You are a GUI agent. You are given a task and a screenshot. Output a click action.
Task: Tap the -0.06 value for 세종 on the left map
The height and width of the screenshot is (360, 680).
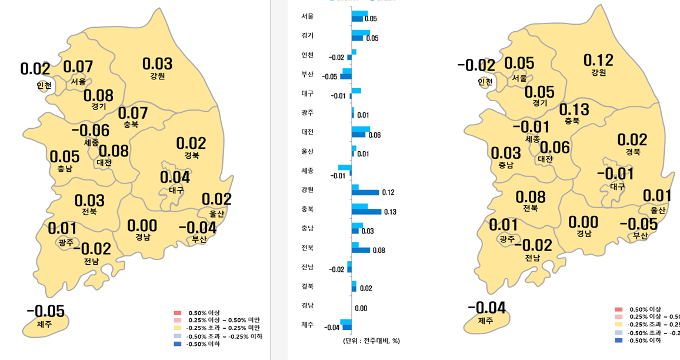tap(91, 131)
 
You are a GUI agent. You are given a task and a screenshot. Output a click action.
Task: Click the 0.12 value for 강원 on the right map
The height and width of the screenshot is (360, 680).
tap(598, 60)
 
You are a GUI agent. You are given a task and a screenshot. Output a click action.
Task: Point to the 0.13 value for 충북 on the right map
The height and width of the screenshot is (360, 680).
tap(574, 109)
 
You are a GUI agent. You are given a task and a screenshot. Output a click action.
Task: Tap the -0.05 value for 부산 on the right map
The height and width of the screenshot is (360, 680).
tap(639, 224)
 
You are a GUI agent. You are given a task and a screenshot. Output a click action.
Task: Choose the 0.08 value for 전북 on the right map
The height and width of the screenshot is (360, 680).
tap(531, 197)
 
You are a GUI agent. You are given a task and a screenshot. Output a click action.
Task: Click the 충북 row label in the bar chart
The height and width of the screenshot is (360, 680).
tap(307, 209)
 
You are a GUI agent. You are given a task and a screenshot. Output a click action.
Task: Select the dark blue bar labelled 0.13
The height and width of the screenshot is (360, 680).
tap(366, 212)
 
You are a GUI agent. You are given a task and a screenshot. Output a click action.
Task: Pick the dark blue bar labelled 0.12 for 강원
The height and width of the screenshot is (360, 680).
tap(365, 192)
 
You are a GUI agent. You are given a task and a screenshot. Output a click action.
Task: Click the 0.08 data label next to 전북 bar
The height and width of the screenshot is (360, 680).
tap(379, 250)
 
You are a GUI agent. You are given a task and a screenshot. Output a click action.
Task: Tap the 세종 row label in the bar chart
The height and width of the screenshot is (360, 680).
tap(307, 171)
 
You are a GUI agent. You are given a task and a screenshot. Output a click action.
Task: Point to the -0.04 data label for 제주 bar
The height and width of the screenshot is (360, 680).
tap(331, 328)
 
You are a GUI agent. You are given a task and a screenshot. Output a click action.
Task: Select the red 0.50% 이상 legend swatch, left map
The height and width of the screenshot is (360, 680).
tap(177, 312)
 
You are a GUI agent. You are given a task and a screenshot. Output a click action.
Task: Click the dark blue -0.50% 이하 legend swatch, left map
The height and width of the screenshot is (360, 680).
tap(177, 344)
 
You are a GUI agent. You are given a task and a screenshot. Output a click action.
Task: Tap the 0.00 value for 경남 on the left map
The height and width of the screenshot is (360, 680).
tap(142, 225)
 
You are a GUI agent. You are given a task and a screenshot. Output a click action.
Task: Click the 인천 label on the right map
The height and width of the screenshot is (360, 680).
tap(485, 82)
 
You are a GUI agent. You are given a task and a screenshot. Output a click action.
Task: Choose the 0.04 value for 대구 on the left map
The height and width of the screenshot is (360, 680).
tap(175, 177)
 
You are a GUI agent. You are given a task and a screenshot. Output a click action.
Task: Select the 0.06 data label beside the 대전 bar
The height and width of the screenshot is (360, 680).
tap(374, 135)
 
